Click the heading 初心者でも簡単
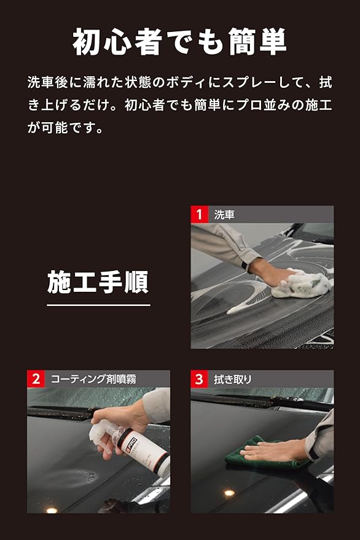(179, 42)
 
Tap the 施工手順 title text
(98, 282)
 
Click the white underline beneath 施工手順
(98, 305)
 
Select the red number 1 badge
(200, 214)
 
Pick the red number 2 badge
(36, 379)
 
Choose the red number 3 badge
(200, 379)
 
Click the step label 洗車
(224, 214)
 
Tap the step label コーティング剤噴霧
(93, 379)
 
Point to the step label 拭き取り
(233, 379)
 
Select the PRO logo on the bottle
(132, 444)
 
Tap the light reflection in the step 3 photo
(229, 493)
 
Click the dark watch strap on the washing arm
(245, 265)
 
